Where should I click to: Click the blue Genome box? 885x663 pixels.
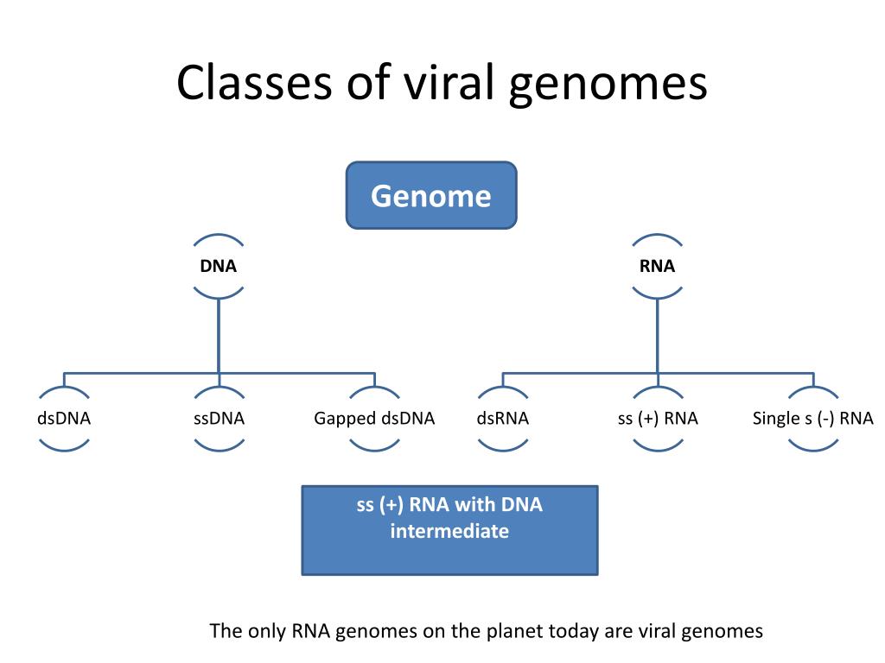point(431,196)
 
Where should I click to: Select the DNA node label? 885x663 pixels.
point(219,266)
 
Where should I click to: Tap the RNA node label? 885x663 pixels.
point(657,266)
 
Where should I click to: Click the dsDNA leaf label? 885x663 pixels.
point(64,419)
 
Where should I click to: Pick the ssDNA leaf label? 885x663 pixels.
point(219,419)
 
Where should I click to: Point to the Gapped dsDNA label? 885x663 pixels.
point(374,419)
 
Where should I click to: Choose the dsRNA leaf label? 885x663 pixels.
point(502,419)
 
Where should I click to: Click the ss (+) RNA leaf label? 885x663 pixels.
point(658,419)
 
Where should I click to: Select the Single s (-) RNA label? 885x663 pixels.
point(812,419)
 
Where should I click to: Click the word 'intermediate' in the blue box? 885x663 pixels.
point(449,531)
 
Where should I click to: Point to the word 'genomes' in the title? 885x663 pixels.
point(608,84)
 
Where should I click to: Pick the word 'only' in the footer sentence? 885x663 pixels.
point(266,631)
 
